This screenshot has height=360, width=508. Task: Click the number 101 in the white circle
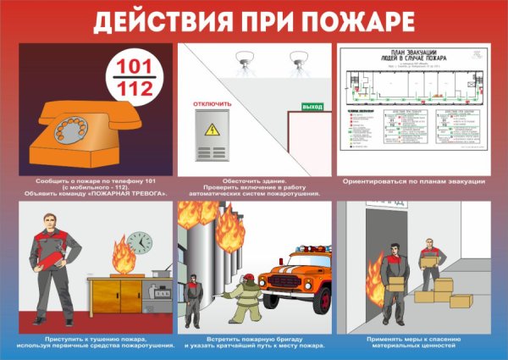(x=132, y=66)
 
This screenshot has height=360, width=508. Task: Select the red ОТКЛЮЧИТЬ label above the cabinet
(x=213, y=104)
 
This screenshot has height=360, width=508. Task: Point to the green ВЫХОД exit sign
(x=312, y=107)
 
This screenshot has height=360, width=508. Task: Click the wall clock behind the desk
(x=141, y=245)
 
